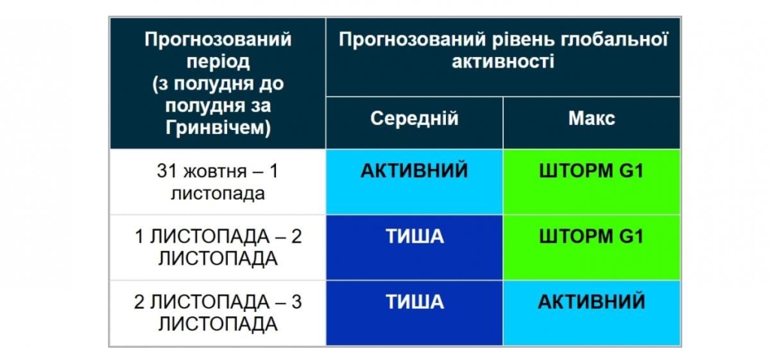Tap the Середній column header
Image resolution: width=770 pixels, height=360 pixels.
click(414, 119)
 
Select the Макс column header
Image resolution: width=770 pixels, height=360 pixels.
click(592, 119)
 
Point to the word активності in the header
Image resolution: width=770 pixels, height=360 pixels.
click(503, 62)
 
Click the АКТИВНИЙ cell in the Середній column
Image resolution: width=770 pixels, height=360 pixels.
click(414, 171)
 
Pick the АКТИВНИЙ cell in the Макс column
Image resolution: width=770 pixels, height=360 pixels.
click(592, 302)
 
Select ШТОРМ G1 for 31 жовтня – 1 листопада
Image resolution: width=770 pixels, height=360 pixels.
click(592, 171)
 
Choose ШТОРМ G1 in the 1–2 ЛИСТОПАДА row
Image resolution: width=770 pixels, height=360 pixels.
click(592, 237)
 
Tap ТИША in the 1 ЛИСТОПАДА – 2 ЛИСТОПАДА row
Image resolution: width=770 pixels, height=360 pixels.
click(414, 237)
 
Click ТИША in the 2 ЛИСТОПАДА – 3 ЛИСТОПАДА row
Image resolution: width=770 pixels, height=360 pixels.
click(414, 302)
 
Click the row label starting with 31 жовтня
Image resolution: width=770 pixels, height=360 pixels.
click(217, 182)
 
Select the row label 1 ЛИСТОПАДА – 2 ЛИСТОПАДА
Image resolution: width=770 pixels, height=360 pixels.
click(217, 247)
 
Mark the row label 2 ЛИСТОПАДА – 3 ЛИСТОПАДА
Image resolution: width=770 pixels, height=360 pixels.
click(217, 313)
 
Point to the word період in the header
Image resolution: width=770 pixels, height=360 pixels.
click(217, 61)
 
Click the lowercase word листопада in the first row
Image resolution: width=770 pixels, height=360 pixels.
click(217, 192)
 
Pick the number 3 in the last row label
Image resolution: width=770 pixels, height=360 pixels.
click(296, 302)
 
